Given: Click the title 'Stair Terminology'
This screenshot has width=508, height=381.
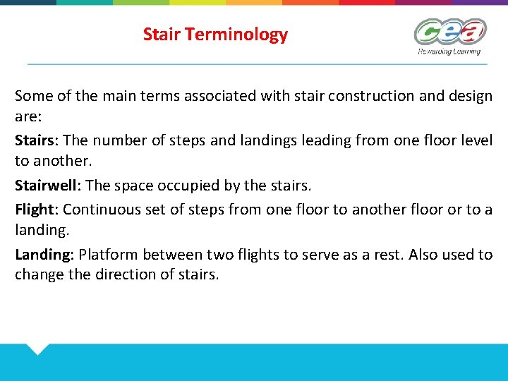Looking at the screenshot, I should tap(215, 34).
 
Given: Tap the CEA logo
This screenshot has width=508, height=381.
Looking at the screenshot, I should tap(449, 32).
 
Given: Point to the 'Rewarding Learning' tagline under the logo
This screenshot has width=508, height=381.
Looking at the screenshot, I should tap(449, 52).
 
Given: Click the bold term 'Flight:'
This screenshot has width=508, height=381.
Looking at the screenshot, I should tap(37, 209).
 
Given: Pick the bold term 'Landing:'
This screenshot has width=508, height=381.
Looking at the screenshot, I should tap(44, 254).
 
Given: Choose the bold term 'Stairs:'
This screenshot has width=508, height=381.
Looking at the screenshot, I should tap(37, 140).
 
